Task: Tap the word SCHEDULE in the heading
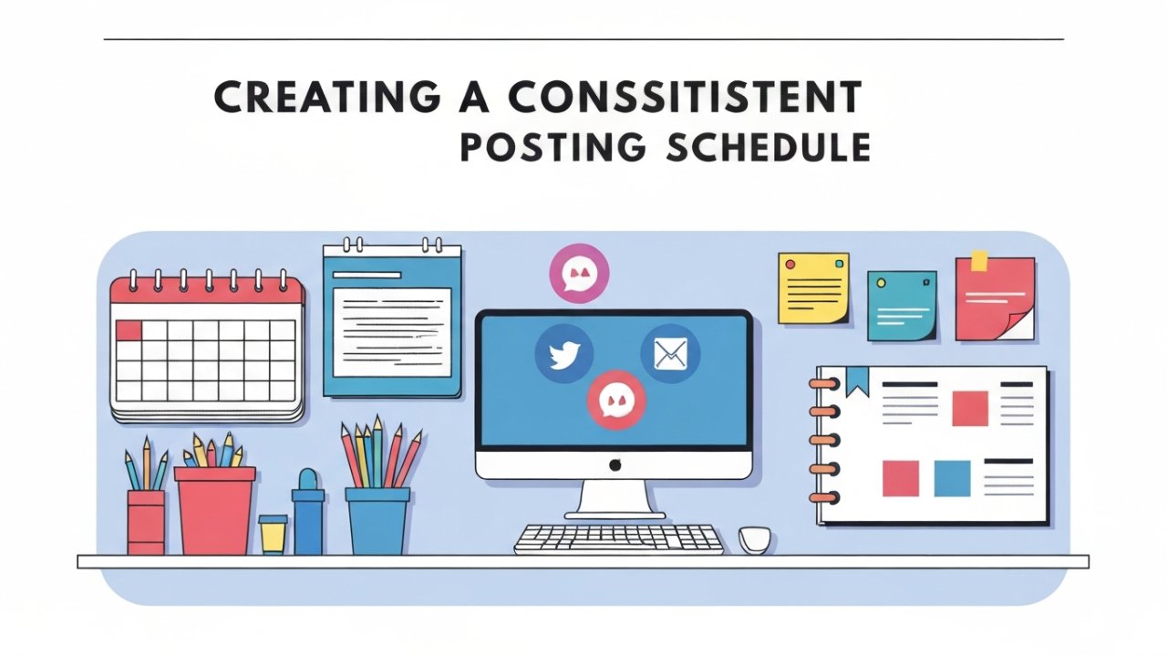(768, 148)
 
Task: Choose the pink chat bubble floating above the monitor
(579, 273)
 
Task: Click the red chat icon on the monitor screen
(616, 399)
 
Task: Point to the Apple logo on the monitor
(614, 465)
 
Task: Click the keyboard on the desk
(619, 538)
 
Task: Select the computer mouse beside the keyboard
(754, 538)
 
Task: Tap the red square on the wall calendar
(129, 330)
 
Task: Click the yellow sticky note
(813, 287)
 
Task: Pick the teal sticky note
(901, 306)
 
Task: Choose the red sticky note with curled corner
(994, 297)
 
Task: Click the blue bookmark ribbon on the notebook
(857, 381)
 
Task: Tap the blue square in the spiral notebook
(952, 478)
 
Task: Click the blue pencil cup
(377, 520)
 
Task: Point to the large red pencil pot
(215, 511)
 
